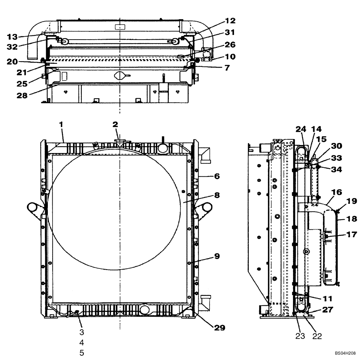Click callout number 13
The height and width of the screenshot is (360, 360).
click(x=12, y=36)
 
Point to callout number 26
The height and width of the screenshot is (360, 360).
click(x=230, y=45)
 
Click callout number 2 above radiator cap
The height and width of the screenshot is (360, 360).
click(x=115, y=125)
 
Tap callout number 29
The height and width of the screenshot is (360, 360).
click(x=220, y=328)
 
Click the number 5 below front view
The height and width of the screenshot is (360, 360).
click(x=82, y=353)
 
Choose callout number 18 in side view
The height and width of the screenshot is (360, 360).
click(x=352, y=219)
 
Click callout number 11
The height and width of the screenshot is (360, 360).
click(x=328, y=298)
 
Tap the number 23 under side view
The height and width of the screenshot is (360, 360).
click(x=300, y=336)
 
